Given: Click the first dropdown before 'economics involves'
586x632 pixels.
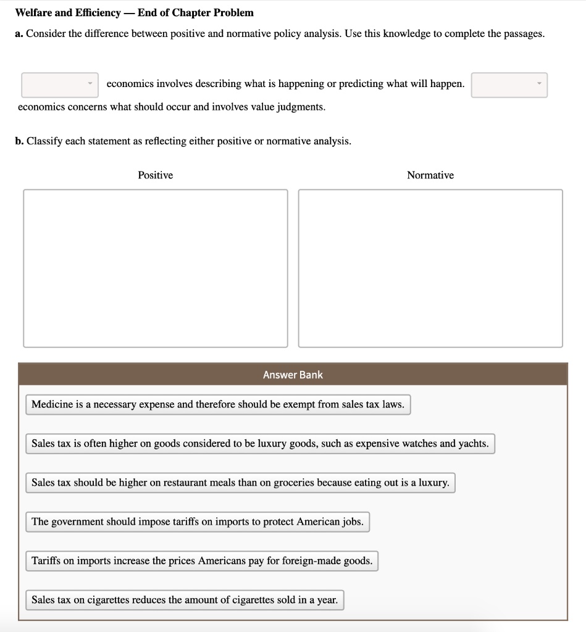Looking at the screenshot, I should click(60, 85).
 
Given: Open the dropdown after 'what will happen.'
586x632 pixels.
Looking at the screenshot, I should click(509, 85).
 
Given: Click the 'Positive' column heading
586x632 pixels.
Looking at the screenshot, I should click(155, 175).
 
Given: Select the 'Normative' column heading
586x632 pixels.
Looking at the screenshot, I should click(430, 175).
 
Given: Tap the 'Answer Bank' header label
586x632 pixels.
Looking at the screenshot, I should click(293, 375).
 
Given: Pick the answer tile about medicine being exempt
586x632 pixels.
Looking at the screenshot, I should click(218, 405).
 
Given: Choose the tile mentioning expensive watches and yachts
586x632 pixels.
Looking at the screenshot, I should click(260, 444).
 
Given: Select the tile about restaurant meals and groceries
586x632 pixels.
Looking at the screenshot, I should click(240, 483).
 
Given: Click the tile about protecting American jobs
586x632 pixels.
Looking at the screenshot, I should click(198, 522).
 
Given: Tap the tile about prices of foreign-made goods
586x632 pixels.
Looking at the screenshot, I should click(202, 561).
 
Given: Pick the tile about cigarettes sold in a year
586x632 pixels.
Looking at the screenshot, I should click(185, 600).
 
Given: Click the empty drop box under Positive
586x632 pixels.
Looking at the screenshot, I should click(156, 268).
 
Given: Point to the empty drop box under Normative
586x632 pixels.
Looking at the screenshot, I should click(430, 268).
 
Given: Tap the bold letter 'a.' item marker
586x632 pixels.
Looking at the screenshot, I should click(19, 33).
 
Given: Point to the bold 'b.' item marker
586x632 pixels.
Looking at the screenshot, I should click(20, 141).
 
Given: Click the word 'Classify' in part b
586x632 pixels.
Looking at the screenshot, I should click(44, 141).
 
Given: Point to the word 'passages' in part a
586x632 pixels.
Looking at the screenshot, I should click(524, 33).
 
